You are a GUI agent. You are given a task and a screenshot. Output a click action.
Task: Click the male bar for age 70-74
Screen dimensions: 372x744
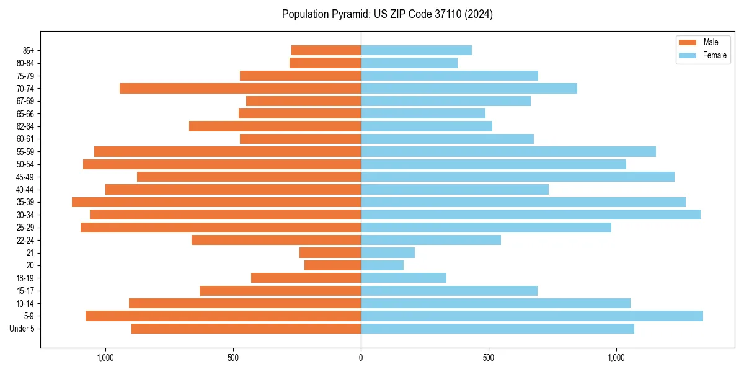click(x=240, y=88)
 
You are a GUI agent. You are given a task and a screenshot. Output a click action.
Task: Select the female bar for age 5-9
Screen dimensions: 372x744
click(x=532, y=316)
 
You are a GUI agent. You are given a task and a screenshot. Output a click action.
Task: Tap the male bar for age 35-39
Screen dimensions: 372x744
click(x=216, y=202)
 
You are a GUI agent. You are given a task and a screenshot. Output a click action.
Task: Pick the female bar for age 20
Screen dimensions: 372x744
click(x=382, y=265)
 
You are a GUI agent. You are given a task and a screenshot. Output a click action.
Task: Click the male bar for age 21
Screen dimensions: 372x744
click(x=330, y=252)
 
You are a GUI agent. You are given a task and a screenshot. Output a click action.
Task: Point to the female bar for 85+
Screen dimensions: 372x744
click(x=416, y=50)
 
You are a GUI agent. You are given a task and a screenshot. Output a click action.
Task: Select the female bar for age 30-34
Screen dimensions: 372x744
click(x=531, y=215)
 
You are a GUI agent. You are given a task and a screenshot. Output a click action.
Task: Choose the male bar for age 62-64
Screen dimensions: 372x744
click(x=275, y=126)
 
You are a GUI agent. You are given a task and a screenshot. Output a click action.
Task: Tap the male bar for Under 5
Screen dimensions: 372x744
click(x=246, y=329)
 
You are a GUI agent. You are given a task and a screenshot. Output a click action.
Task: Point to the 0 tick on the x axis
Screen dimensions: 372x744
click(x=361, y=358)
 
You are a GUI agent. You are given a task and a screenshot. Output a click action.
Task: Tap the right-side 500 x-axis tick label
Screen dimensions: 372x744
click(x=489, y=358)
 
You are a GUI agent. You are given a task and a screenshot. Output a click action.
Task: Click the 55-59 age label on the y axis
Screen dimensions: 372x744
click(x=25, y=151)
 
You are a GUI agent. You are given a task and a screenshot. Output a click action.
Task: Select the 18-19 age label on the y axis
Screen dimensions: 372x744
click(x=25, y=278)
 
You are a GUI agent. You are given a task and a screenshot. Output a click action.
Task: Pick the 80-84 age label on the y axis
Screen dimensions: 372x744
click(x=25, y=63)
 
